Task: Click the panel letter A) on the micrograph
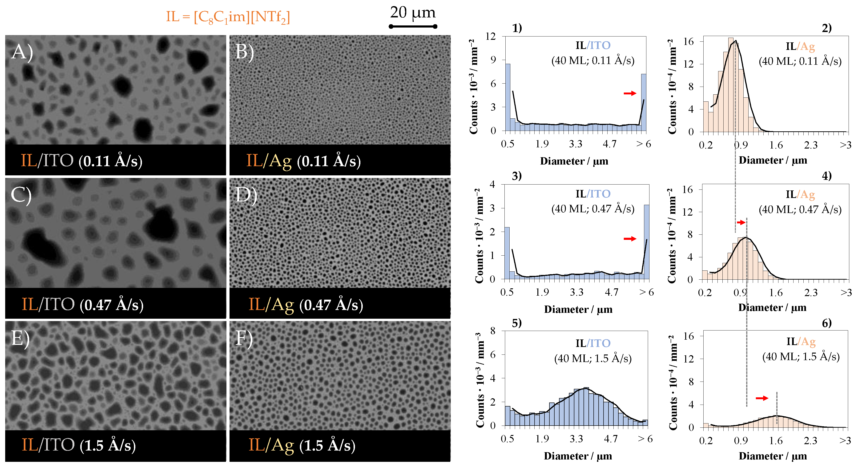(22, 52)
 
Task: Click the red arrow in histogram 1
(629, 93)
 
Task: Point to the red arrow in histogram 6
(762, 398)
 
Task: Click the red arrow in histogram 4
(741, 222)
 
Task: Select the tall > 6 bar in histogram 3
(646, 242)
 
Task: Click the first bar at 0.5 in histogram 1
(508, 97)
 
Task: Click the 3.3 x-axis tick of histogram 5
(576, 439)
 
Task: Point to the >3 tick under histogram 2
(845, 145)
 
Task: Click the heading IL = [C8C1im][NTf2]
(228, 17)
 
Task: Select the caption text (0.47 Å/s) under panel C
(112, 305)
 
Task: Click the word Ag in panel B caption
(280, 161)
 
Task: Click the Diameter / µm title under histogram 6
(773, 456)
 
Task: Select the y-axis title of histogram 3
(479, 236)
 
